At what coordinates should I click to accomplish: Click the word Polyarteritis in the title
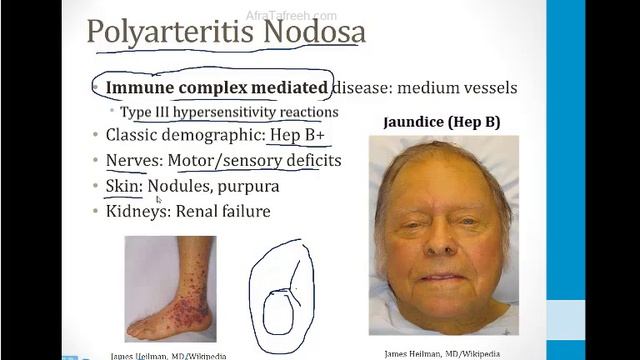[x=159, y=32]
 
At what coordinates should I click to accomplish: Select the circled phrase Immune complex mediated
[x=217, y=88]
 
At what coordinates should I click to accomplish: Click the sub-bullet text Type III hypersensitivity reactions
[x=229, y=112]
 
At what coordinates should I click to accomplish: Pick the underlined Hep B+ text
[x=295, y=136]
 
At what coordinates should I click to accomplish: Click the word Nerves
[x=132, y=160]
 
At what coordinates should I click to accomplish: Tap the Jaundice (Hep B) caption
[x=442, y=123]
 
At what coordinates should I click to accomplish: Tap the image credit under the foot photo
[x=167, y=355]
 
